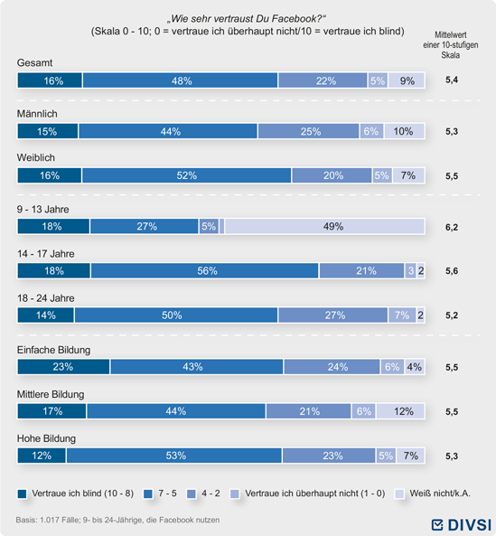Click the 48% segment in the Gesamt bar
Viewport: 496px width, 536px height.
(x=180, y=80)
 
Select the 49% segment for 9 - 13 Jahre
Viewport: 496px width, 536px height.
(x=325, y=226)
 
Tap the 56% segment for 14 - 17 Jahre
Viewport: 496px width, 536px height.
(x=204, y=271)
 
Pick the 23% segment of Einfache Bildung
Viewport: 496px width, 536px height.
(x=63, y=367)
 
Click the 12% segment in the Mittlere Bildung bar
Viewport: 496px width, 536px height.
(x=401, y=411)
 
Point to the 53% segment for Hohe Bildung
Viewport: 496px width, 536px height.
(x=174, y=456)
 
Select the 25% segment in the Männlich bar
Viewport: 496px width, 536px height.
(x=308, y=131)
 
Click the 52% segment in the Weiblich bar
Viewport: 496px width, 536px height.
(x=186, y=175)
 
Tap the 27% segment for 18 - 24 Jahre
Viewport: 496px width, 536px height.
(x=333, y=315)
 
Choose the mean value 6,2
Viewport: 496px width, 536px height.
(x=452, y=227)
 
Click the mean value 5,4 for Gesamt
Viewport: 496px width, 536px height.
(x=452, y=80)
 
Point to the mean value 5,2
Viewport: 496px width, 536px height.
(x=452, y=315)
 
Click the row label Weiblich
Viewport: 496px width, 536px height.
(x=36, y=157)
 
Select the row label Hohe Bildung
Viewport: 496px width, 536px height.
(x=46, y=438)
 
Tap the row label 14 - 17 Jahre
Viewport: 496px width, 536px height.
(x=46, y=254)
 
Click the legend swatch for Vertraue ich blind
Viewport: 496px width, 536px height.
(x=23, y=494)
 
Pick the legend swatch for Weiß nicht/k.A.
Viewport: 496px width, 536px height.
(x=399, y=494)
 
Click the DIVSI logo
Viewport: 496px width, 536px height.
(x=461, y=525)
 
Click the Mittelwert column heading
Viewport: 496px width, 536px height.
(x=451, y=45)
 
